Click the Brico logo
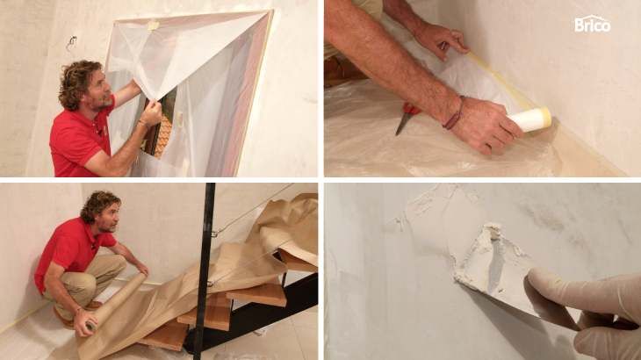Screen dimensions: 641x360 coord(592,24)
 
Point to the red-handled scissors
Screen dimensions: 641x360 coord(406,117)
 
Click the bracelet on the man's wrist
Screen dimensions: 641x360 coord(455,113)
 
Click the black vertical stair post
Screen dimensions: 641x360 coord(205,271)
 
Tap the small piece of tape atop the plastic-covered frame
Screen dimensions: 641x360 coord(153,25)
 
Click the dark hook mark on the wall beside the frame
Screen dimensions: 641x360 coord(71,41)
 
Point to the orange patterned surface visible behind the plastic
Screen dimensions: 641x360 coord(163,135)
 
